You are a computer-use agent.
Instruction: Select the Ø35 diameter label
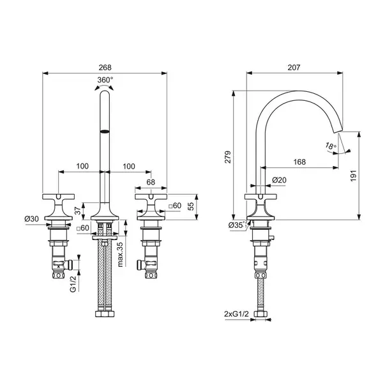coord(236,225)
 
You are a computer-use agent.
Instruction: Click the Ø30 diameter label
coord(33,219)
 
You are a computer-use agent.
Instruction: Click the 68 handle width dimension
coord(151,183)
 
